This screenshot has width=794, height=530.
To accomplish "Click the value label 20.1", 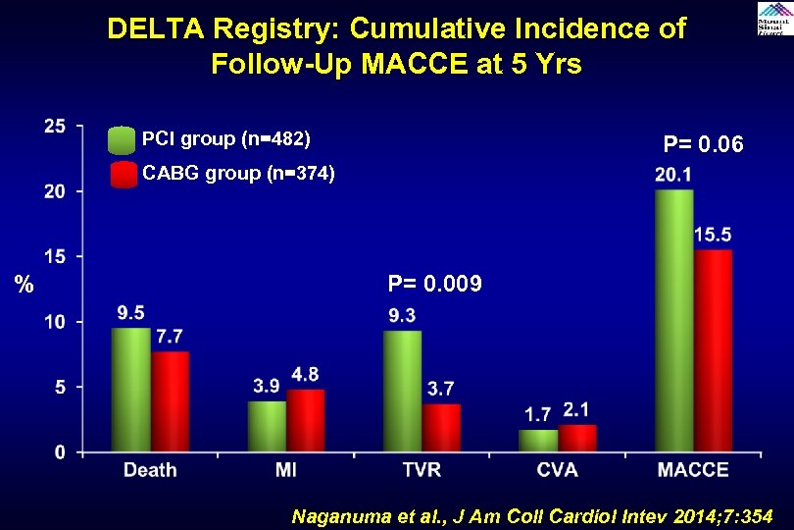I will tap(673, 176).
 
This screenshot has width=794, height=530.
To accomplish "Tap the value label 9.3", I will tap(402, 316).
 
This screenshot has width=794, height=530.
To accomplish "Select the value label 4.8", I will tap(305, 375).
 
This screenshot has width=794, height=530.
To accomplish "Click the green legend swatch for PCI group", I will tap(123, 139).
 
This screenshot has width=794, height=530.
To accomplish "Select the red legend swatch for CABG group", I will tap(123, 175).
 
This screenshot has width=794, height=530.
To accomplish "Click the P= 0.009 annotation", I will tap(434, 285).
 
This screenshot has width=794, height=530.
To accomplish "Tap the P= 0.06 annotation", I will tap(703, 145).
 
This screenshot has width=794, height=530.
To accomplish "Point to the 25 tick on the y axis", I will tap(55, 126).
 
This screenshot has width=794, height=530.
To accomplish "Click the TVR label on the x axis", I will tap(422, 470).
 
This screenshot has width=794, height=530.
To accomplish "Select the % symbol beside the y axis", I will tap(25, 286).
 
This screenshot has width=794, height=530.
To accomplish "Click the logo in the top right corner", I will tap(774, 19).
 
